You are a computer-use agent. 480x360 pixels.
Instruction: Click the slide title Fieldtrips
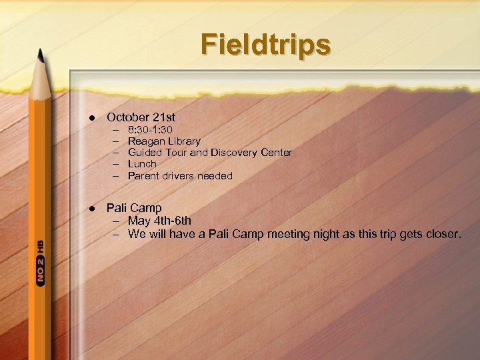[266, 45]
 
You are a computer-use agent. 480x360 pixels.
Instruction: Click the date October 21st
[141, 117]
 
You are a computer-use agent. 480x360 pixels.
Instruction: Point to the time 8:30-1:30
[151, 130]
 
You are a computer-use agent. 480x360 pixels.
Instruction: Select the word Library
[183, 141]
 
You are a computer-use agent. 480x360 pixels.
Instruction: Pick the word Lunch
[142, 164]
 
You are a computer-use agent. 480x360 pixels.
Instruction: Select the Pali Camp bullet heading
[134, 208]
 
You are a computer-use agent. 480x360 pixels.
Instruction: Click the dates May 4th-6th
[159, 221]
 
